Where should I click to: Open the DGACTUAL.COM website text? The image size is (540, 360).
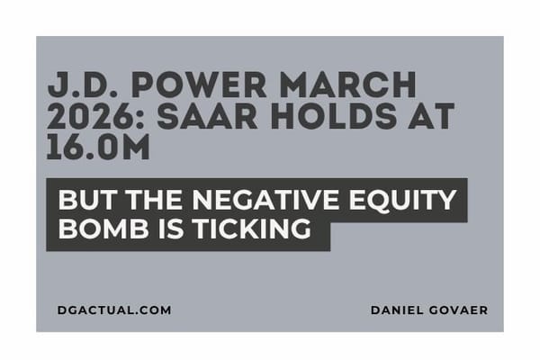[x=113, y=310]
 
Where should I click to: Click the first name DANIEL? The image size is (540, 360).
[x=397, y=310]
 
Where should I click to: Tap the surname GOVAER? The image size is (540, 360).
[x=458, y=310]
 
